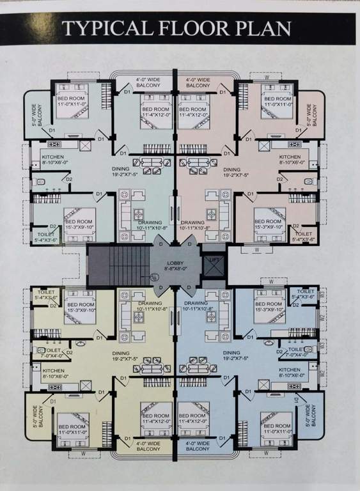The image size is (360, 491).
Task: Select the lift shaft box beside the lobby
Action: [212, 264]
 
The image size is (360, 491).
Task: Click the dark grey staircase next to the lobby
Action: [118, 265]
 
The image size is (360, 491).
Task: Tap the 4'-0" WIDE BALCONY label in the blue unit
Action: [198, 446]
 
